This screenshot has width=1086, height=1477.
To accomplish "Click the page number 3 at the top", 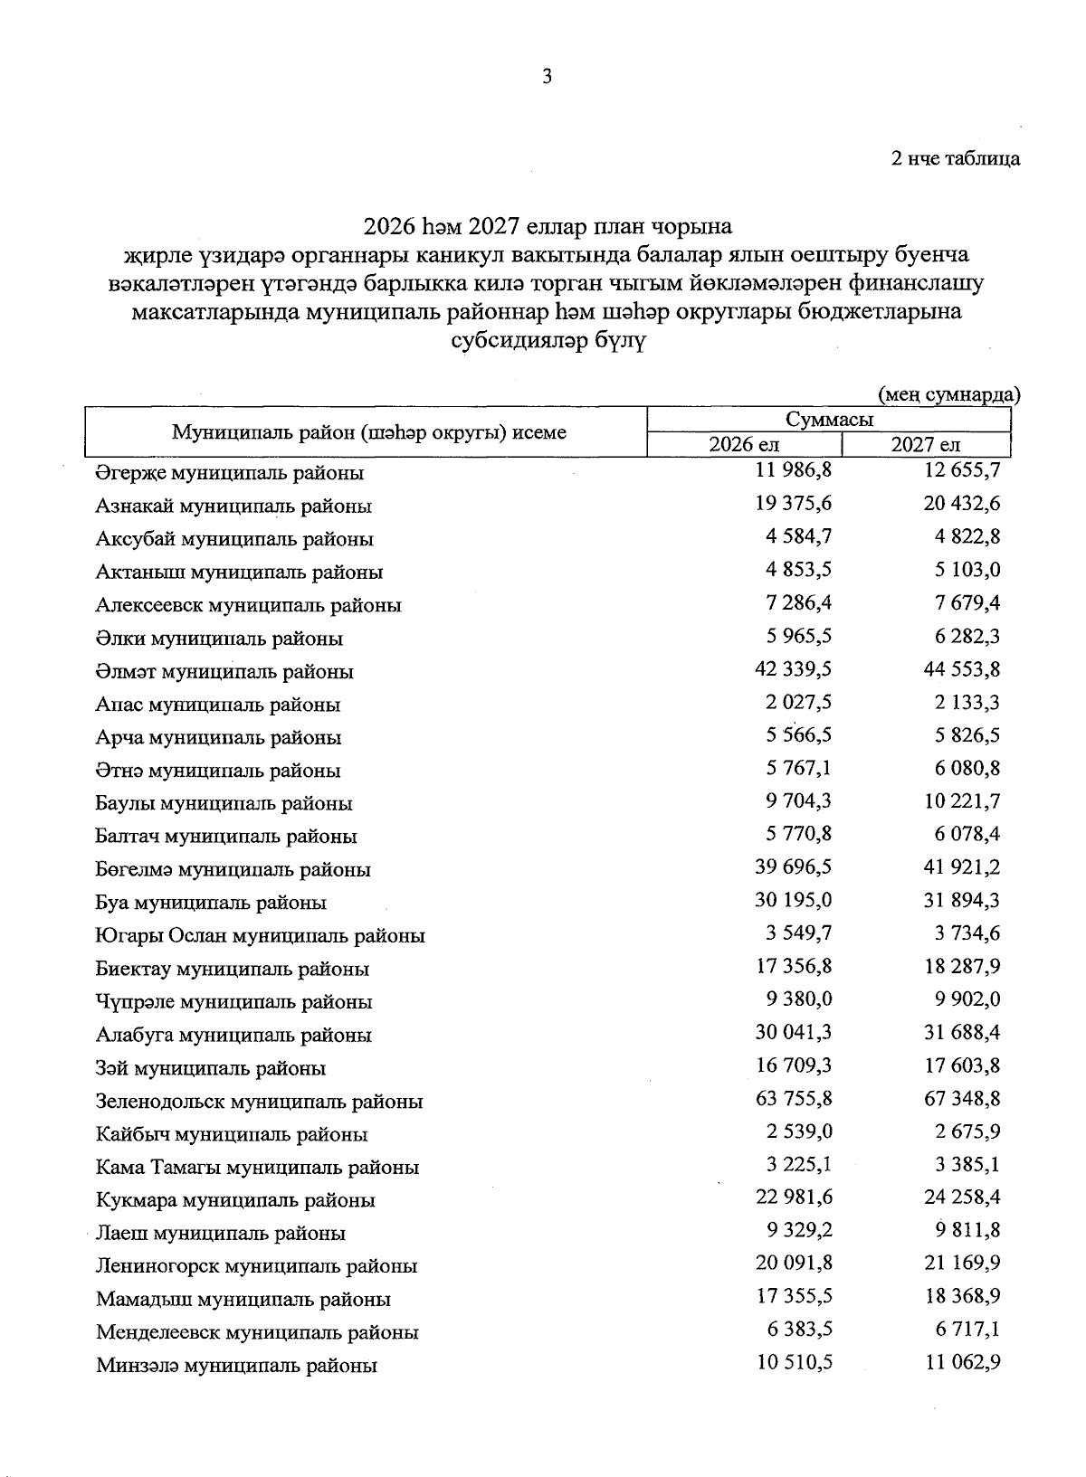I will pos(547,77).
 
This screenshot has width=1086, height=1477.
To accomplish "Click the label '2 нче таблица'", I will pos(956,158).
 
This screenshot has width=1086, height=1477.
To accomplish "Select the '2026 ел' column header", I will pos(744,444).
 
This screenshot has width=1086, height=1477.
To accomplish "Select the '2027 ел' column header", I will pos(925,444).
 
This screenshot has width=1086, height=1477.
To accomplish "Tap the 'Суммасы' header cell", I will pos(829,420).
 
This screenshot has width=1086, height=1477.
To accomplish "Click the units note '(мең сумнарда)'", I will pos(949,394).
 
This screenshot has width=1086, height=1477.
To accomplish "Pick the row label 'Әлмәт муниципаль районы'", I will pos(224,671).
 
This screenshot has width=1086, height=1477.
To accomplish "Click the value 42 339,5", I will pos(794,668).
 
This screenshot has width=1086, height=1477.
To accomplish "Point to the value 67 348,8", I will pos(962,1098).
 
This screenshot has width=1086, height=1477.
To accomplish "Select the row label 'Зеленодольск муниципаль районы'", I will pos(259,1102).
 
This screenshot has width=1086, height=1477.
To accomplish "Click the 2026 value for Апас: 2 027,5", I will pos(798,702).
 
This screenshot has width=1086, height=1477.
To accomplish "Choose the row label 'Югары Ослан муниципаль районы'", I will pos(261,936).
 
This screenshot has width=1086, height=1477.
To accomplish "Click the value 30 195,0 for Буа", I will pos(794,900).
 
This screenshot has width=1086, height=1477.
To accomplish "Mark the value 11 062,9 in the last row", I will pos(962,1362).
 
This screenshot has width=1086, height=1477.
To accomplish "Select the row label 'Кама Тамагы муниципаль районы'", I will pos(257,1168).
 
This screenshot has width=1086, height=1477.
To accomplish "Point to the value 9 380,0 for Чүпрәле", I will pos(798,999).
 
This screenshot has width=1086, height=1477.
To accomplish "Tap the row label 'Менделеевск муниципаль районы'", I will pos(257,1332).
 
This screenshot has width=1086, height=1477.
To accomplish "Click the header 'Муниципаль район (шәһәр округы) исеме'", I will pos(369,432).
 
